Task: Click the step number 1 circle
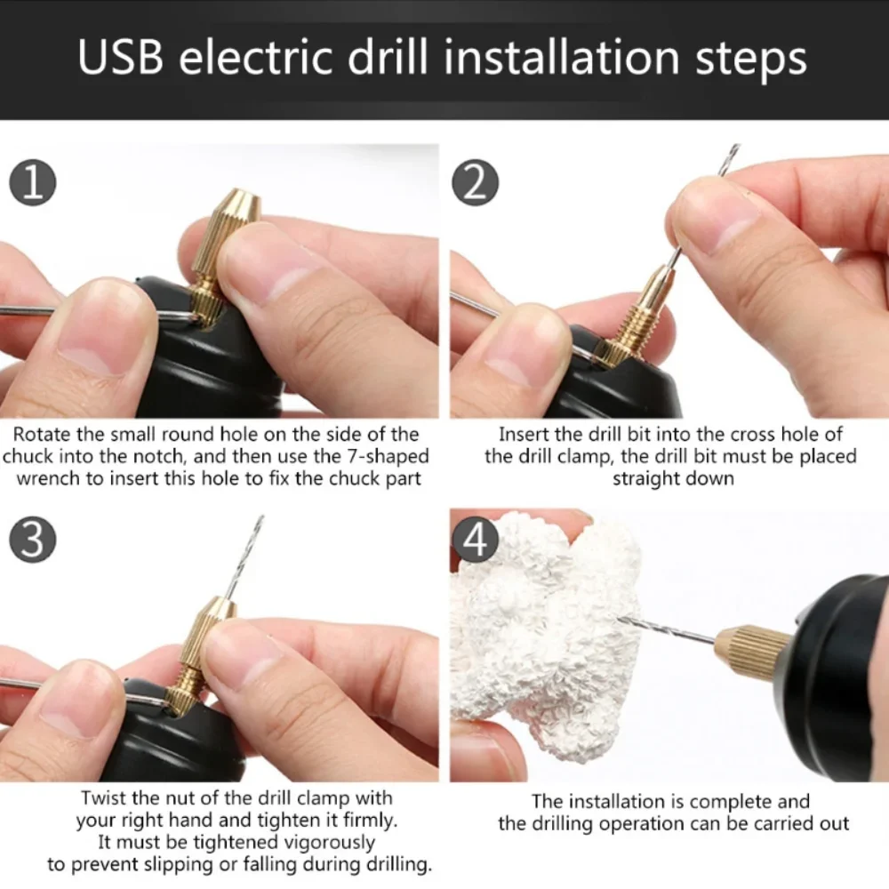32,184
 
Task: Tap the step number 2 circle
476,184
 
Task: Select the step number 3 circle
32,541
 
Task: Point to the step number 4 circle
476,541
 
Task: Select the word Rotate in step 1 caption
41,435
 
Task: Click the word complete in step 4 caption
728,802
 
